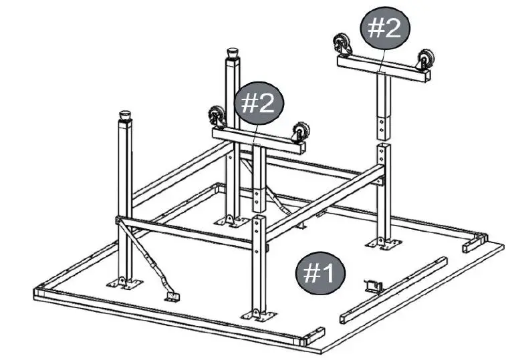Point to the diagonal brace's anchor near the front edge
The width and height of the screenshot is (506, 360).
click(x=172, y=293)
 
